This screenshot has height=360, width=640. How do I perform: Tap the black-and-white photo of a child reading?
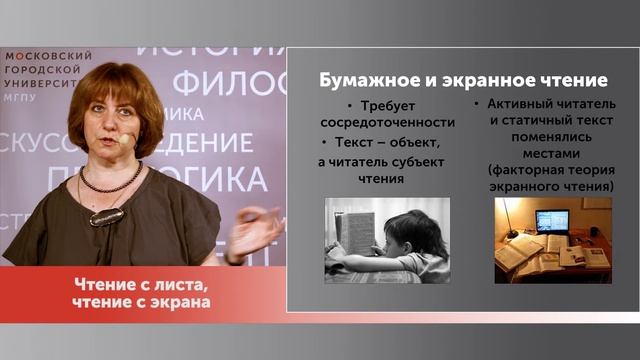click(387, 240)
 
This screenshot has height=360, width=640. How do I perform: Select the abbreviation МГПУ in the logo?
click(20, 95)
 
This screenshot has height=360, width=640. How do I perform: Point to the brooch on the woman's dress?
click(106, 215)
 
